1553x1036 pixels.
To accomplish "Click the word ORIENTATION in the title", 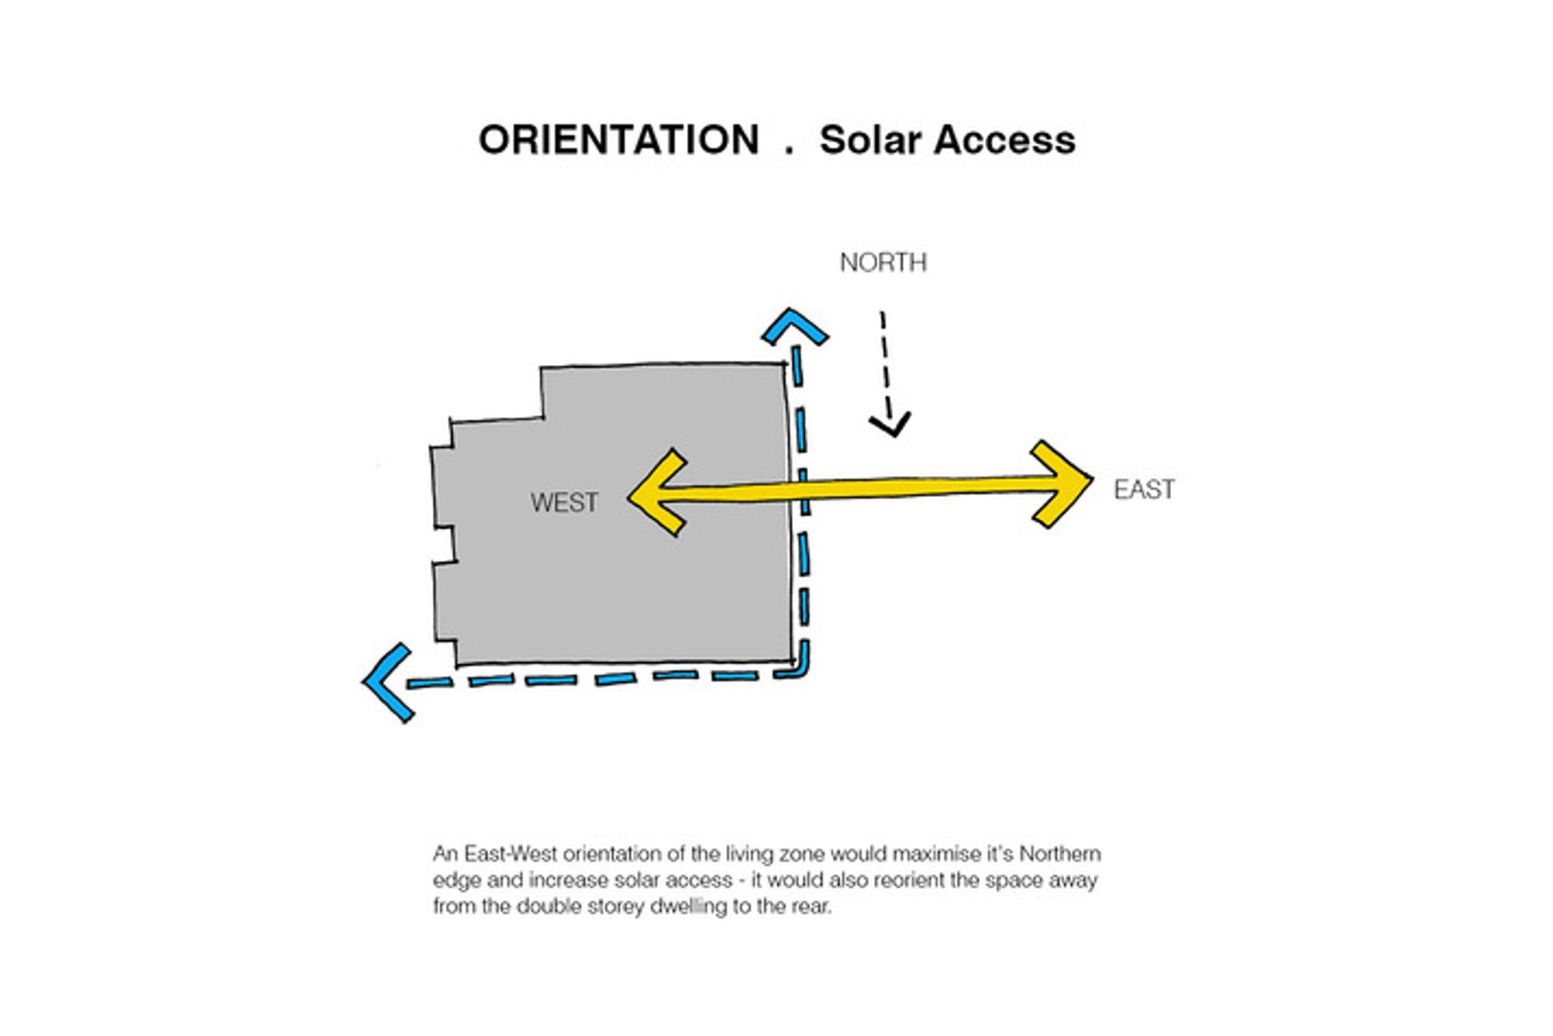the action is [619, 140].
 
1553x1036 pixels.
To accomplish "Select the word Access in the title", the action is [1005, 140].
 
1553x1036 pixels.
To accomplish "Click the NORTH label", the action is [883, 262].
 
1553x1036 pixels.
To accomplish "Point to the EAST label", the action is [1144, 490].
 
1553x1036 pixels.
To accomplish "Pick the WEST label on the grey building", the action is [565, 503].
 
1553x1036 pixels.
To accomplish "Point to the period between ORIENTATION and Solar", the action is [789, 151].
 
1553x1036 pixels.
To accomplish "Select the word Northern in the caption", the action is [1060, 855].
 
